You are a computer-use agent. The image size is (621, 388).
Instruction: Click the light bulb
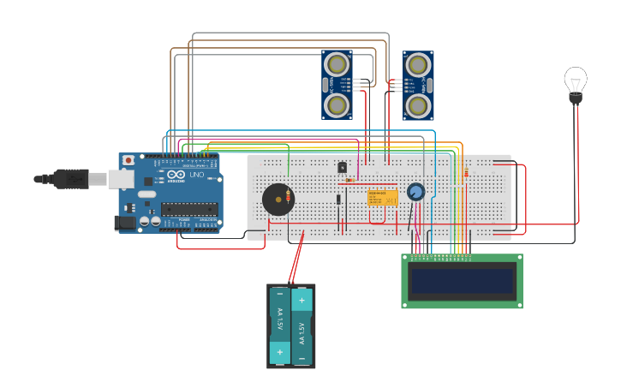coord(576,82)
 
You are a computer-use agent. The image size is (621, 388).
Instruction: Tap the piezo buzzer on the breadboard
coord(277,200)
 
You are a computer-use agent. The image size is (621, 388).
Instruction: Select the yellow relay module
coord(382,197)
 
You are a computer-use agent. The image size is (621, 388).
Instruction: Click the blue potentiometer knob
coord(416,192)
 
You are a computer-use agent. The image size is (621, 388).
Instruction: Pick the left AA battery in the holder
coord(279,326)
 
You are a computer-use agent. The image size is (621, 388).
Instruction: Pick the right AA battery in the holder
coord(302,326)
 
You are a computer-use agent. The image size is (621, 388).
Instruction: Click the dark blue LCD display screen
coord(463,281)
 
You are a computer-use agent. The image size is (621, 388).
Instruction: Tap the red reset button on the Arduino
coord(128,160)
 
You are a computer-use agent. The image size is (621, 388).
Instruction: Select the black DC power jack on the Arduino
coord(124,223)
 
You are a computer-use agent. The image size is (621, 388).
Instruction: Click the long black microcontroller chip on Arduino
coord(188,208)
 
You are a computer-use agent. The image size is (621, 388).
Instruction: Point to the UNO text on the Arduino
coord(196,175)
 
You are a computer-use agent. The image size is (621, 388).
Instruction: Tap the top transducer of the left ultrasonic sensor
coord(337,63)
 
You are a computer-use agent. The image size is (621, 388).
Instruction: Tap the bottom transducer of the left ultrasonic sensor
coord(337,105)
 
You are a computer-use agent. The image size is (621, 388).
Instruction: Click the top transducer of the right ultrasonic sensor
coord(418,64)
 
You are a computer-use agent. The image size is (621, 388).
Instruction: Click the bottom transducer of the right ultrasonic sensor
coord(418,106)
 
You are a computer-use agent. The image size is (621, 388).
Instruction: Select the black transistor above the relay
coord(342,167)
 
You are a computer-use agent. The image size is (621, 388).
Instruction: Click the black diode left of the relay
coord(338,200)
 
